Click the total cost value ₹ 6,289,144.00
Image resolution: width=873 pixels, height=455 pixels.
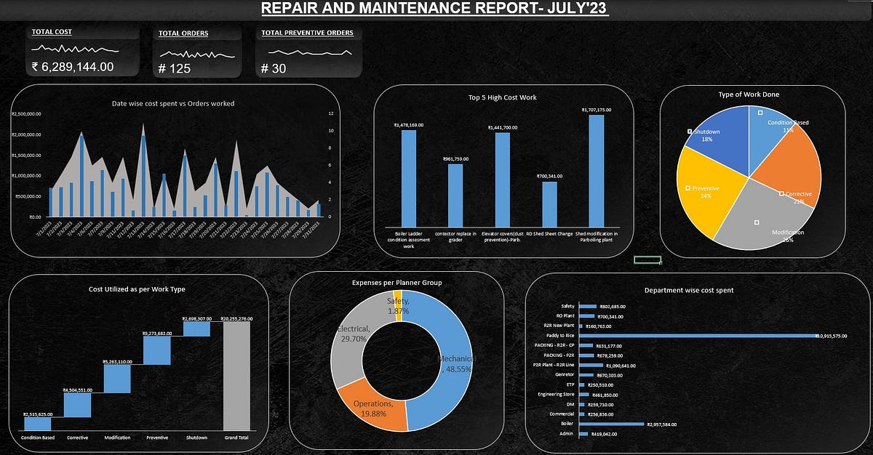(x=73, y=67)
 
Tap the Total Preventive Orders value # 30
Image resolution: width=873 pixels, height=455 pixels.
(x=274, y=68)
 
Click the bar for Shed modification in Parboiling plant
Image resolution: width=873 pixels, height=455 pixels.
(x=596, y=171)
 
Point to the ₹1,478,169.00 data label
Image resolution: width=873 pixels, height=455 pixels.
(x=409, y=125)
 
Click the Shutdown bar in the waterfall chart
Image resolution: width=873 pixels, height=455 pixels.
(x=196, y=329)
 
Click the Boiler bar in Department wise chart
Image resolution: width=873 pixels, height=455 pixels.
(x=611, y=424)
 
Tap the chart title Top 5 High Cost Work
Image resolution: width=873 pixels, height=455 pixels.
(x=502, y=97)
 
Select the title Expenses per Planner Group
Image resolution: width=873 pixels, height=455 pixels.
(x=396, y=282)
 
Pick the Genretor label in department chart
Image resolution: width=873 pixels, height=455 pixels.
(x=565, y=375)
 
